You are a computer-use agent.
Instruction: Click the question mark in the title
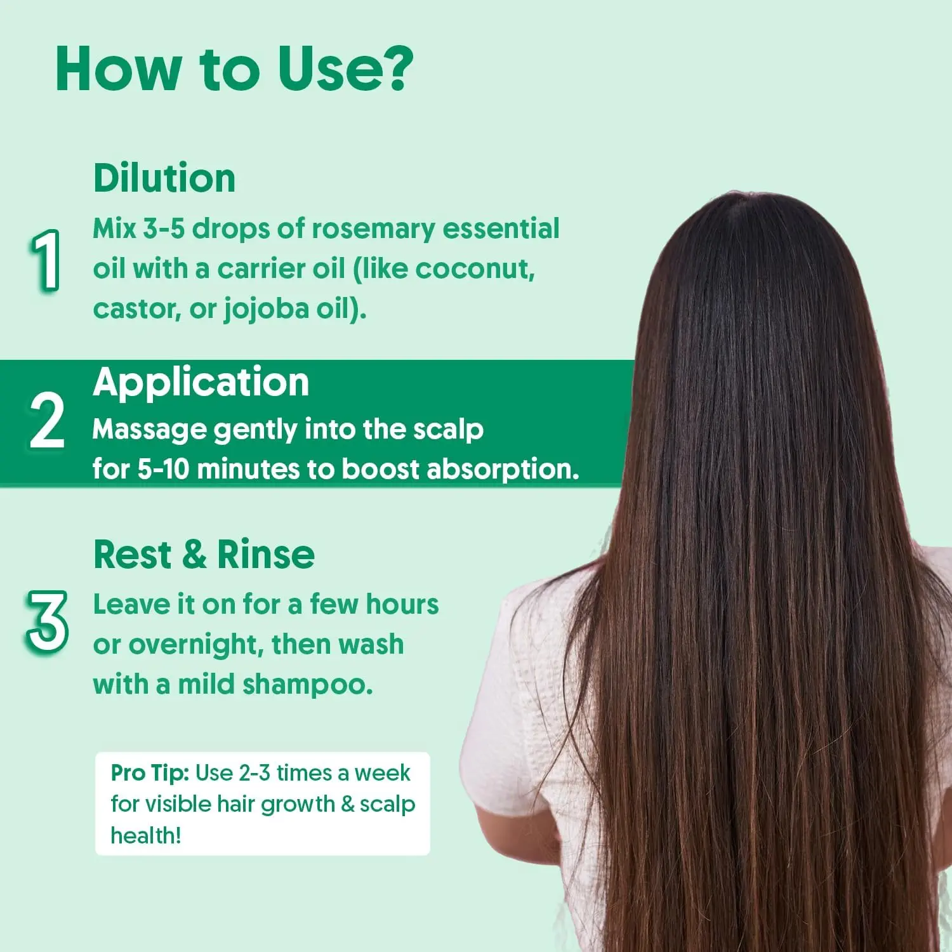click(x=394, y=69)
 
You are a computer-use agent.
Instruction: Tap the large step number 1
click(x=46, y=261)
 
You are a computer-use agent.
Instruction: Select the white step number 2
click(x=47, y=421)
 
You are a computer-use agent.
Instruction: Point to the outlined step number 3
click(x=47, y=621)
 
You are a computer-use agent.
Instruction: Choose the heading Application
click(x=201, y=383)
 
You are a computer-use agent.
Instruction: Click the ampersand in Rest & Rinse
click(x=194, y=555)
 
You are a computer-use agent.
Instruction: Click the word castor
click(x=133, y=309)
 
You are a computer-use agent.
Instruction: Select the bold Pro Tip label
click(x=150, y=773)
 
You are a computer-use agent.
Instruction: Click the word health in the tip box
click(x=145, y=836)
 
